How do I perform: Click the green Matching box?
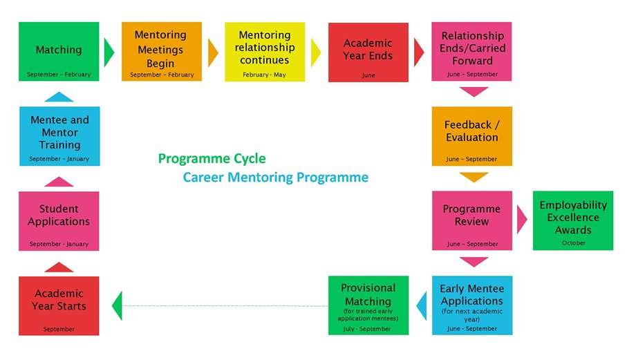click(x=59, y=51)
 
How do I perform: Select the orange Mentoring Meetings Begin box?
click(x=161, y=51)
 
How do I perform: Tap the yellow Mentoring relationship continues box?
click(x=264, y=51)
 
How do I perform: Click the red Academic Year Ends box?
click(x=368, y=52)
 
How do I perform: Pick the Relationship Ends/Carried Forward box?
click(x=472, y=51)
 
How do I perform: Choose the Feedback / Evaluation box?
click(x=472, y=135)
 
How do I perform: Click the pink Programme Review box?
click(x=472, y=220)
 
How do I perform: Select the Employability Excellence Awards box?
click(x=573, y=220)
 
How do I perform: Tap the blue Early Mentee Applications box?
click(x=472, y=305)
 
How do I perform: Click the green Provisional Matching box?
click(x=368, y=305)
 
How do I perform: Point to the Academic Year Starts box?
click(x=59, y=305)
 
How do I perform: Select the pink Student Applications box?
click(x=59, y=220)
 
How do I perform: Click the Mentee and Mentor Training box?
click(x=59, y=135)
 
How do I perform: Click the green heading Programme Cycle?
click(x=212, y=159)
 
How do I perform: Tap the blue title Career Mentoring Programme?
click(x=275, y=178)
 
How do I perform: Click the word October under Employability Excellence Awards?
click(x=573, y=243)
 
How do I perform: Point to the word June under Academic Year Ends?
click(x=368, y=75)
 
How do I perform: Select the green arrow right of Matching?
click(x=109, y=52)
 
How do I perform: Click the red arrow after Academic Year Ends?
click(x=418, y=52)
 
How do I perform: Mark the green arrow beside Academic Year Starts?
click(x=117, y=305)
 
